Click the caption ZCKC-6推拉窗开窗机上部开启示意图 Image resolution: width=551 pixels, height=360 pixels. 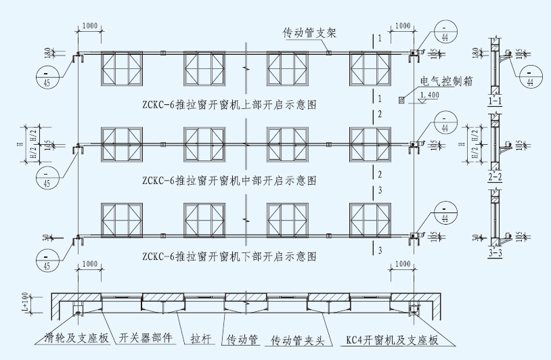(x=230, y=105)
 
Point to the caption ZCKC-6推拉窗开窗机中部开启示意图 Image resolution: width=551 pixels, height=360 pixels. (x=230, y=181)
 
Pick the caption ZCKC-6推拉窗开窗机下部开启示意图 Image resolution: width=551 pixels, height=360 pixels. (x=230, y=256)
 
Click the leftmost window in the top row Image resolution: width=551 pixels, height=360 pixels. (x=123, y=69)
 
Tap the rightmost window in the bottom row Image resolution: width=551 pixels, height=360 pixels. (x=370, y=220)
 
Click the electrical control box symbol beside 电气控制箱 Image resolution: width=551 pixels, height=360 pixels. (x=402, y=100)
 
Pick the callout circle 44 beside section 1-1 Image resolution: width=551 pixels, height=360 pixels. (x=530, y=76)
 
